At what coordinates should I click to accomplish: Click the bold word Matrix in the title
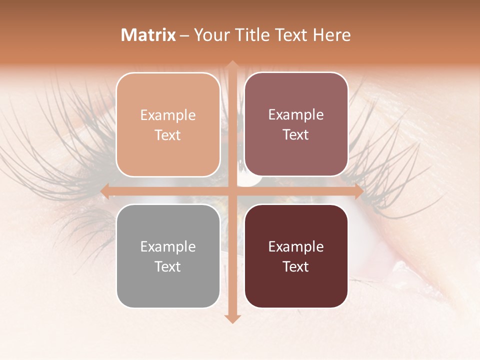[x=148, y=35]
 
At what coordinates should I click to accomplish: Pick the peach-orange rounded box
[x=168, y=124]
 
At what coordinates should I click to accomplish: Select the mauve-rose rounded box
[x=296, y=124]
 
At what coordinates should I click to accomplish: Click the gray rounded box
[x=168, y=256]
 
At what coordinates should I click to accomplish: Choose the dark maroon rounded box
[x=296, y=256]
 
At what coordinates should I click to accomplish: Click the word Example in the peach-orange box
[x=168, y=115]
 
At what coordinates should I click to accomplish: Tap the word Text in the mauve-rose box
[x=296, y=135]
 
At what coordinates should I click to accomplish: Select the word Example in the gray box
[x=168, y=246]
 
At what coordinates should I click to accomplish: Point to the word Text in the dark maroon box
[x=296, y=266]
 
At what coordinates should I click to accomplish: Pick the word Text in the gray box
[x=168, y=266]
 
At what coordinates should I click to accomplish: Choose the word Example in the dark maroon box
[x=296, y=246]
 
